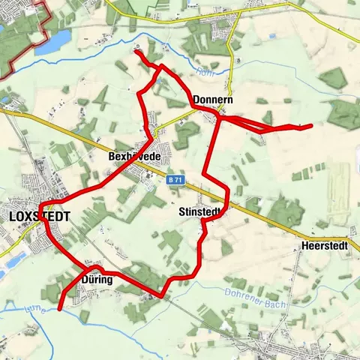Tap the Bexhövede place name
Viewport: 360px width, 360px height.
pyautogui.click(x=135, y=156)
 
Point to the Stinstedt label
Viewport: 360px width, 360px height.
pyautogui.click(x=199, y=213)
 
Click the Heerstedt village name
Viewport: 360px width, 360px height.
pyautogui.click(x=324, y=245)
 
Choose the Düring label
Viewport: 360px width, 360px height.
pyautogui.click(x=95, y=280)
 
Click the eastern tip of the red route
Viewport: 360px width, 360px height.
pyautogui.click(x=310, y=126)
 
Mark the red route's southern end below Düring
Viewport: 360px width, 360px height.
pyautogui.click(x=59, y=308)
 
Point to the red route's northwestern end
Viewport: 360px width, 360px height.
pyautogui.click(x=136, y=50)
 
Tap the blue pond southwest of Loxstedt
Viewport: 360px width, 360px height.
pyautogui.click(x=11, y=258)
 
